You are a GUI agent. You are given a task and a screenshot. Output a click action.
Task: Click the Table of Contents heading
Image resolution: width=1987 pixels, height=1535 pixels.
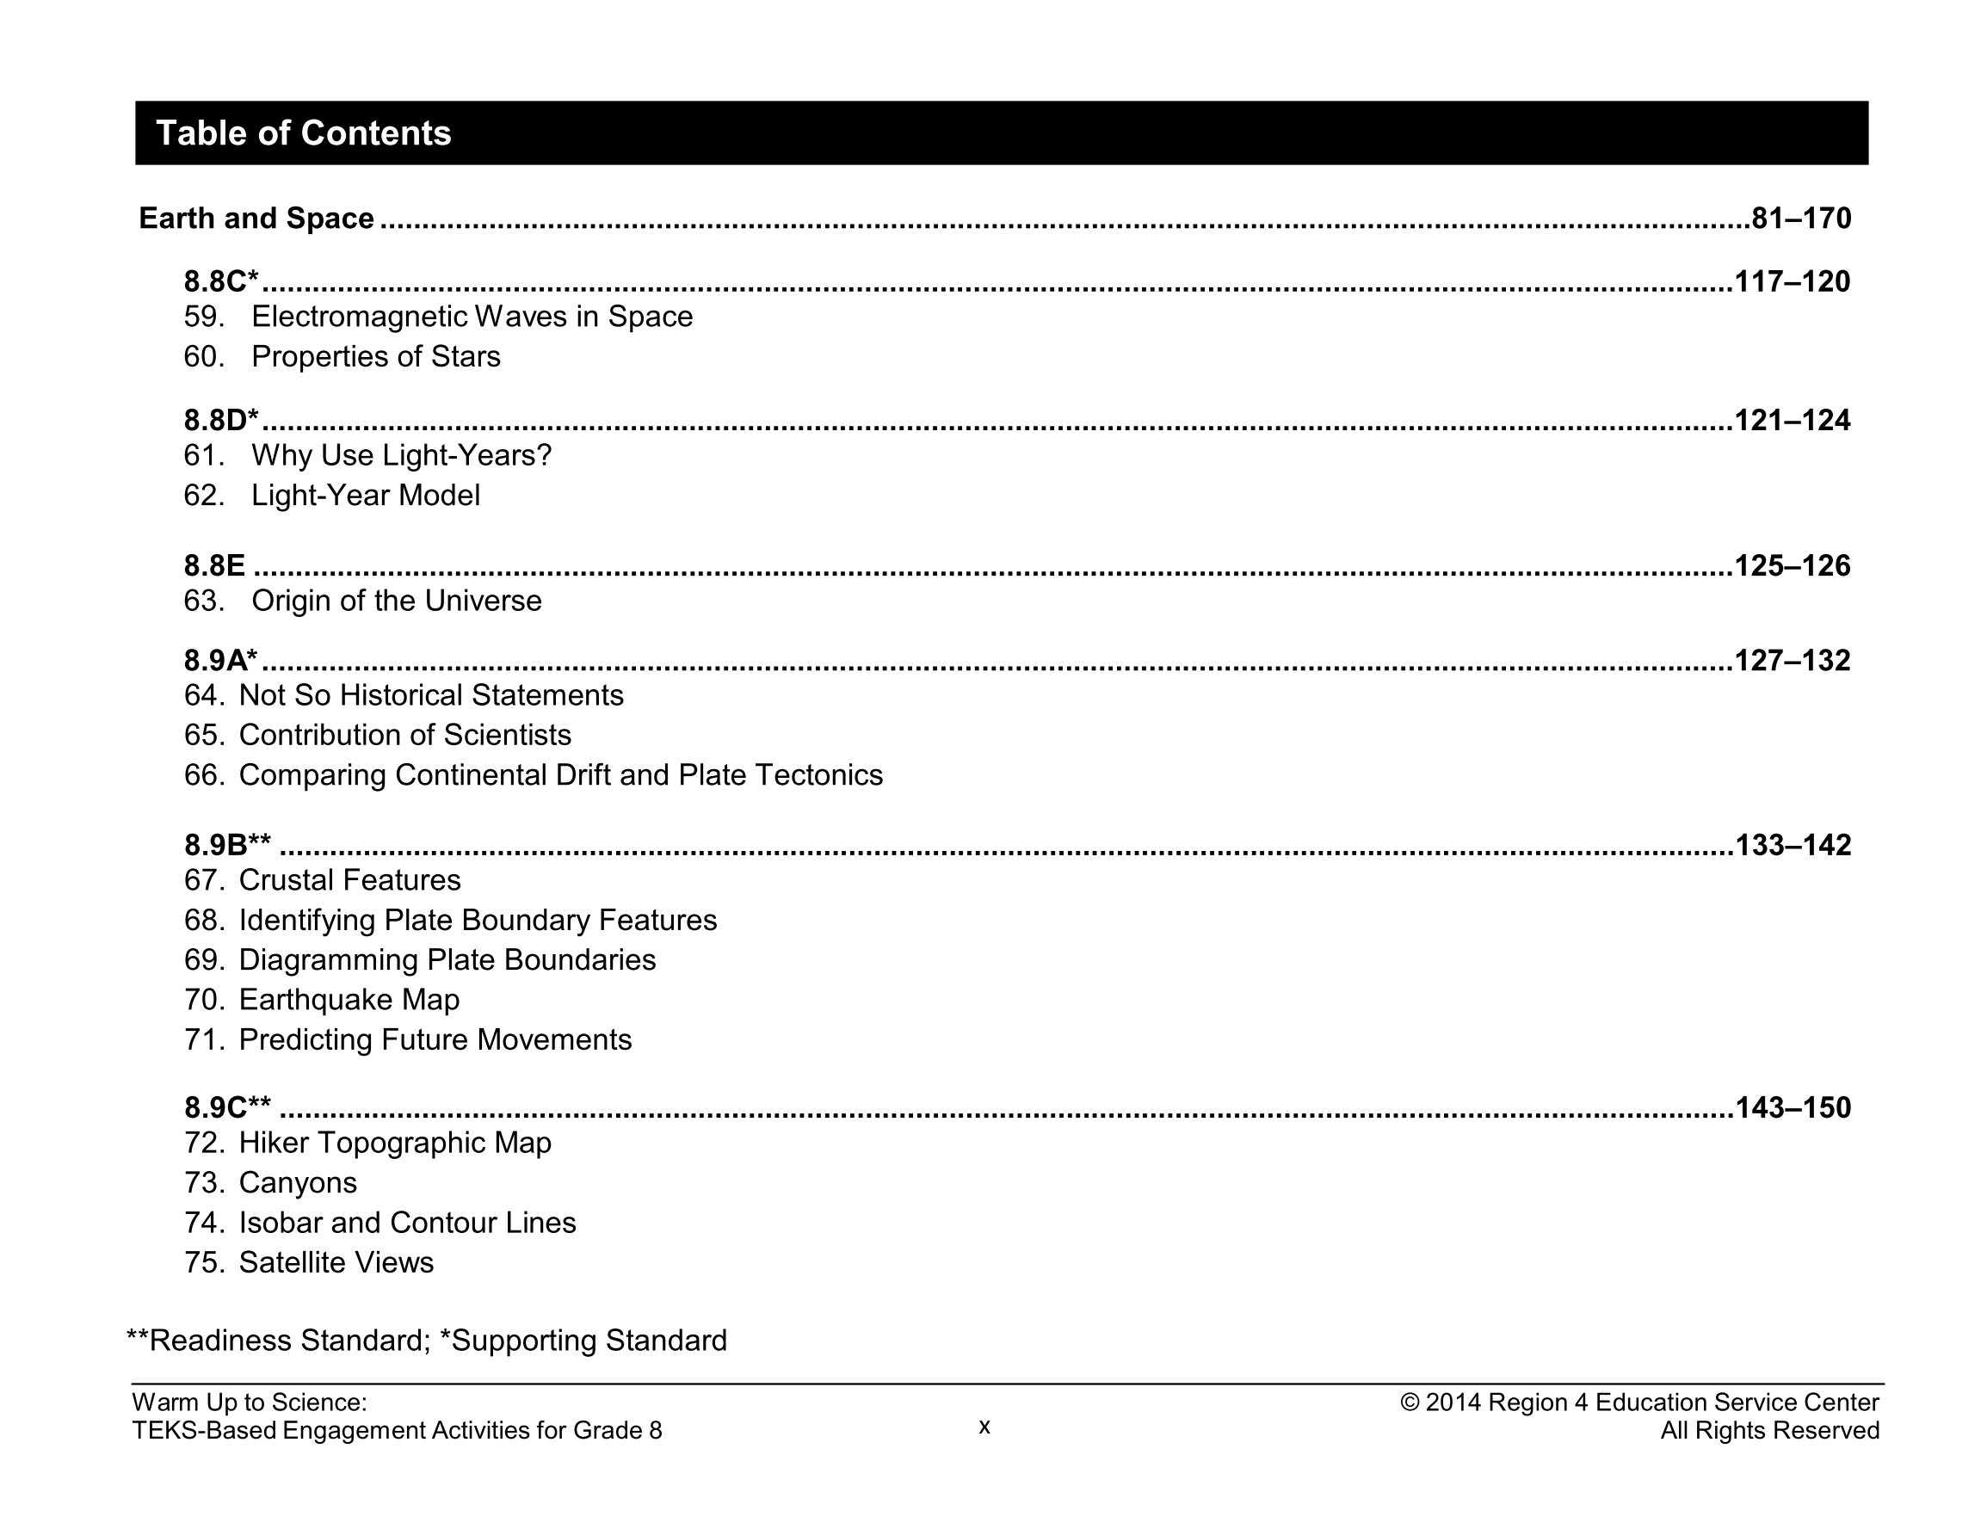coord(304,133)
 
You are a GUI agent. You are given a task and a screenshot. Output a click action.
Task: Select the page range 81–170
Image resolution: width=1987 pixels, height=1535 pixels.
coord(1800,219)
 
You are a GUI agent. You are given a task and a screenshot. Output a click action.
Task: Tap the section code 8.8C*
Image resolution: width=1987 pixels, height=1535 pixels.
coord(221,281)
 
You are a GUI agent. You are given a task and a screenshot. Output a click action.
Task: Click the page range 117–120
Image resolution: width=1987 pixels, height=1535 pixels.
coord(1792,281)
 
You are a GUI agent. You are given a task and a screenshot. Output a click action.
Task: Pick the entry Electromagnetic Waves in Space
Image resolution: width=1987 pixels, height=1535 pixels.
coord(472,317)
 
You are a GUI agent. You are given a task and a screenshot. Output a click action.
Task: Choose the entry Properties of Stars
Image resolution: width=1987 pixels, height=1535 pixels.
coord(375,357)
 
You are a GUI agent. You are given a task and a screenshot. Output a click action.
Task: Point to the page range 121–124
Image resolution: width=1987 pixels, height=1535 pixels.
coord(1792,421)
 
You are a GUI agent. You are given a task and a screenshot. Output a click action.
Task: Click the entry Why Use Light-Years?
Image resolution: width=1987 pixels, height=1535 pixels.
coord(401,455)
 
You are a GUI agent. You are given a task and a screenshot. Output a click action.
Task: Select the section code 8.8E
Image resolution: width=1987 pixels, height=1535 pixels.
coord(215,566)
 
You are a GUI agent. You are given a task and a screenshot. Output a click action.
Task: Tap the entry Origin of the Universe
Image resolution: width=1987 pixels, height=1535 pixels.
coord(396,601)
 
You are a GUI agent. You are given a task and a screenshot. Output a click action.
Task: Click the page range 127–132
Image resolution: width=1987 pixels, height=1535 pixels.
coord(1792,660)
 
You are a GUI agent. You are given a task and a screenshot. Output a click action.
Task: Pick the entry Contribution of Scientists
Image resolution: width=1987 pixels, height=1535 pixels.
coord(404,735)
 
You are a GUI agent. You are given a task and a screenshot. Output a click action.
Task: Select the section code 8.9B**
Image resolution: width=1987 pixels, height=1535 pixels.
coord(227,845)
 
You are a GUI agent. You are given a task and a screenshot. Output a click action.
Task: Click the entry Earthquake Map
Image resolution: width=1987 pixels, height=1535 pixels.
coord(349,1000)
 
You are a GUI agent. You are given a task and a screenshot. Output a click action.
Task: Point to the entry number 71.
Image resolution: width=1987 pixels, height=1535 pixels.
coord(204,1040)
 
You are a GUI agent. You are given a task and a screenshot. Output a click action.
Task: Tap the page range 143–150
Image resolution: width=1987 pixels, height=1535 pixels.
coord(1793,1107)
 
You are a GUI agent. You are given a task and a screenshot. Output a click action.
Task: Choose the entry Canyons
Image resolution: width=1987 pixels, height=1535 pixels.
coord(298,1183)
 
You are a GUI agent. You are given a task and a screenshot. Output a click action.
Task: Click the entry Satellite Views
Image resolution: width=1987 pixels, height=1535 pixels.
coord(336,1263)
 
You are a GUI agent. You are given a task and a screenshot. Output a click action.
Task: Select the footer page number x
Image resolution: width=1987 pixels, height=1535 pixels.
coord(984,1427)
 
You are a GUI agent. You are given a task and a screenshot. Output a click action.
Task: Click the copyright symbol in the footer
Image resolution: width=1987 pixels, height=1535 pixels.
coord(1410,1403)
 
